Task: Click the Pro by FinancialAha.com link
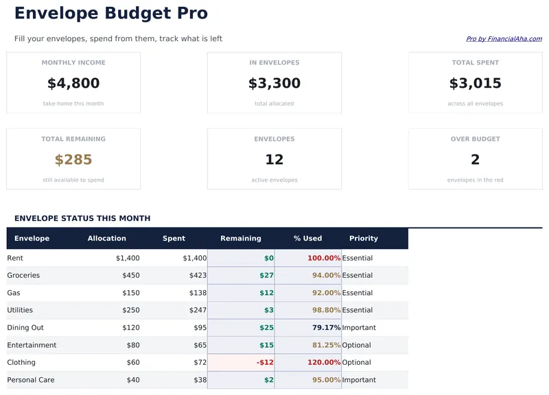pos(504,39)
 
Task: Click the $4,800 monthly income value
pos(73,84)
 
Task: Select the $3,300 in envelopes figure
pos(274,84)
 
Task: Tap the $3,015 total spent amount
pos(475,84)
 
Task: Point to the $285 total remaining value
pos(73,160)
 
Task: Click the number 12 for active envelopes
pos(274,160)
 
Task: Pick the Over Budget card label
pos(475,139)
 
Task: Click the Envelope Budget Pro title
pos(110,13)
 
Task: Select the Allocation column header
pos(107,239)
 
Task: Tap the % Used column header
pos(307,239)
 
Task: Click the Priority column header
pos(364,239)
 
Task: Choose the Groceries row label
pos(23,276)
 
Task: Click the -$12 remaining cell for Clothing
pos(264,363)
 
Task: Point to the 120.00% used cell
pos(324,363)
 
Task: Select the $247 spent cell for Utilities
pos(197,311)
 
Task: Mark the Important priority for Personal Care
pos(359,380)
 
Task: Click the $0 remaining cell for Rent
pos(268,259)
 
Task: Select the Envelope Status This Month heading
pos(82,219)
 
